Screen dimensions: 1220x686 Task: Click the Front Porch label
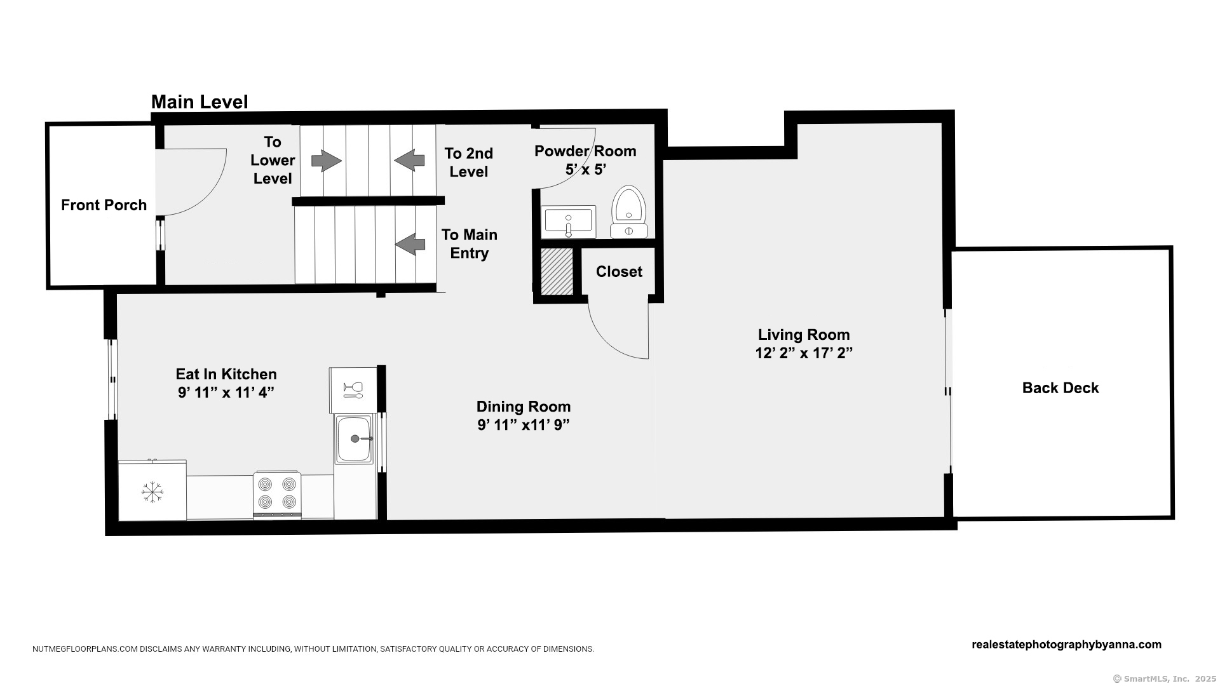pos(104,205)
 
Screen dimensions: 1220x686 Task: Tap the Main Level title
pos(200,102)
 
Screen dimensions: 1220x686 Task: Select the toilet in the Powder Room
pos(629,212)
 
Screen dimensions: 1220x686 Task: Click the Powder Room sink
pos(568,221)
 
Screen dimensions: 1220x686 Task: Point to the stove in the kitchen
pos(277,494)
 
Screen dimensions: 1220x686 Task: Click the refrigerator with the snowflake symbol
pos(152,491)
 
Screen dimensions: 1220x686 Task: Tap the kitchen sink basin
pos(355,438)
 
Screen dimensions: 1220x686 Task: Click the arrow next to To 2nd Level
pos(409,160)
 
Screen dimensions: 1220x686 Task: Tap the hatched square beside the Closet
pos(557,271)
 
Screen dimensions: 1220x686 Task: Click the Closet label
pos(619,272)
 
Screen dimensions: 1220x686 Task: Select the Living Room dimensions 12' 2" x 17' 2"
pos(804,353)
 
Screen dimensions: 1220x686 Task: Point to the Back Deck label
pos(1061,388)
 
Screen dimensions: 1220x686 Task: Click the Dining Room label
pos(524,407)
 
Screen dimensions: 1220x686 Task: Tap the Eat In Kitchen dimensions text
pos(226,393)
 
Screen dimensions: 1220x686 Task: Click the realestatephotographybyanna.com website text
pos(1067,644)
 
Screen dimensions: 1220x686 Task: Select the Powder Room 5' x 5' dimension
pos(586,170)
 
